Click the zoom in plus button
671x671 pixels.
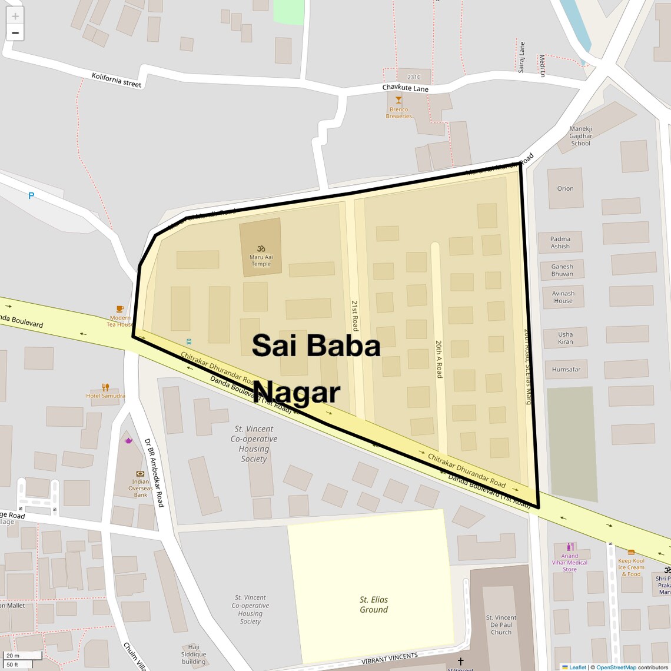pyautogui.click(x=15, y=16)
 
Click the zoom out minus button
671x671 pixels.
pyautogui.click(x=15, y=33)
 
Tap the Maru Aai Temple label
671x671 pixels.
pyautogui.click(x=261, y=260)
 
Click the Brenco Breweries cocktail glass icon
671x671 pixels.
pyautogui.click(x=398, y=100)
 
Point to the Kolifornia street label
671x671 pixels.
pyautogui.click(x=117, y=80)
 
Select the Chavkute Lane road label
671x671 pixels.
pyautogui.click(x=406, y=88)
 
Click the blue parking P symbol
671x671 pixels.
pyautogui.click(x=31, y=196)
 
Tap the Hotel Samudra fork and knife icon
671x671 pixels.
pyautogui.click(x=105, y=387)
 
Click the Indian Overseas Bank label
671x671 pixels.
pyautogui.click(x=141, y=488)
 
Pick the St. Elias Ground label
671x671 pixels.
pyautogui.click(x=374, y=604)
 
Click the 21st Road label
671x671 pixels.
pyautogui.click(x=355, y=315)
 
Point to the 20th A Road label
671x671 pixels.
pyautogui.click(x=439, y=358)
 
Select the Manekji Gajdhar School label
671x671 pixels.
pyautogui.click(x=580, y=136)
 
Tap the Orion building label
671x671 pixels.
pyautogui.click(x=565, y=189)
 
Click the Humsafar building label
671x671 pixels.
pyautogui.click(x=566, y=370)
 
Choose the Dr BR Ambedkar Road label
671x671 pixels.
pyautogui.click(x=154, y=473)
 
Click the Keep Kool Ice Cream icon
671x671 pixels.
pyautogui.click(x=631, y=552)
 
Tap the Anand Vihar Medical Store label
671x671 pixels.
pyautogui.click(x=570, y=563)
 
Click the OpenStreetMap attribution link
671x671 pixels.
pyautogui.click(x=616, y=667)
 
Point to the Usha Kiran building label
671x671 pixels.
pyautogui.click(x=566, y=338)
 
